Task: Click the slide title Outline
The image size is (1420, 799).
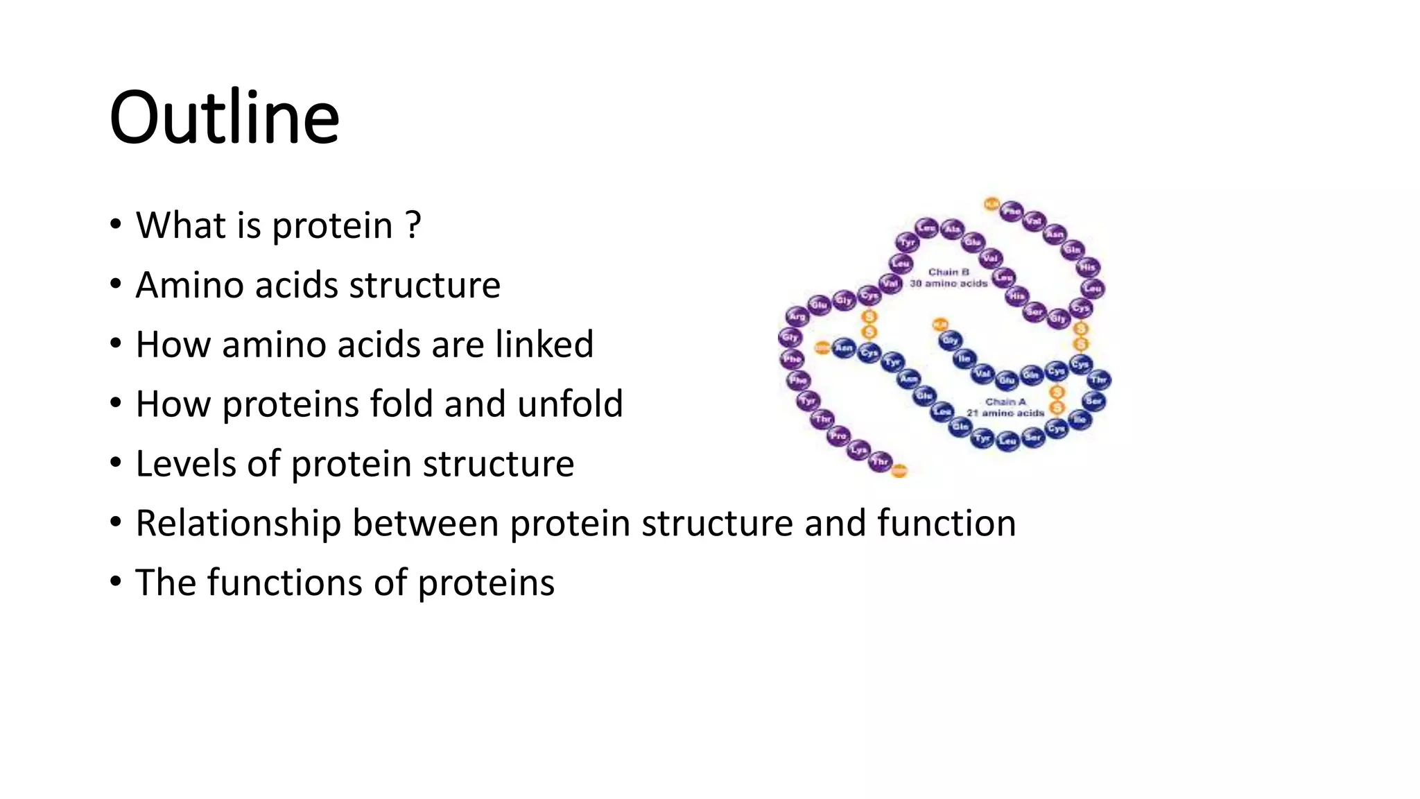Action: (x=224, y=118)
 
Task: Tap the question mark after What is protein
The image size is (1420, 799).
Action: (x=412, y=225)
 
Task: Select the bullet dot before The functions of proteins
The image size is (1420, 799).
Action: (x=116, y=581)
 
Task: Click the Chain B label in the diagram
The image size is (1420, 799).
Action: (x=948, y=272)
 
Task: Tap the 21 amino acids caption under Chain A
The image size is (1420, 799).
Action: (x=1005, y=413)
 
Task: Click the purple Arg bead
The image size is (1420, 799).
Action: (x=797, y=316)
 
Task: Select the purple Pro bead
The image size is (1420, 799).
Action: (x=838, y=436)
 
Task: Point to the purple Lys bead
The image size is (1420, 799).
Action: (x=859, y=449)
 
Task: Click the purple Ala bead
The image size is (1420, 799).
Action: (x=953, y=229)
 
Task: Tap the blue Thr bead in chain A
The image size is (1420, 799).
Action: (x=1098, y=379)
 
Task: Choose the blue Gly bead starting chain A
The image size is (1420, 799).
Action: (x=950, y=340)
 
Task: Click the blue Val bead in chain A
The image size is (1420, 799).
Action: (x=982, y=373)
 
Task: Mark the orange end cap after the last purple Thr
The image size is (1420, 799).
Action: (x=899, y=471)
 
